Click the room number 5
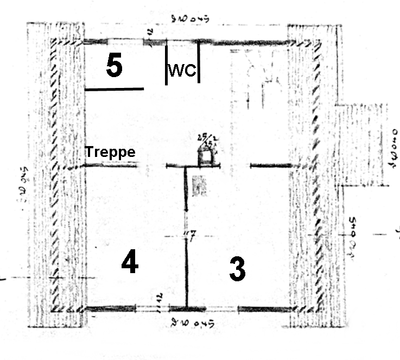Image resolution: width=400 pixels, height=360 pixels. coord(114,67)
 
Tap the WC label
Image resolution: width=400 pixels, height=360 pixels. coord(182,71)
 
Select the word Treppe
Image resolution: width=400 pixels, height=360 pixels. coord(110,153)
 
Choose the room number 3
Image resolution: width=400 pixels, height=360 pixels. coord(237,269)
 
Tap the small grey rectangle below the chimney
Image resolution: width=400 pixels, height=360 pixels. coord(199,186)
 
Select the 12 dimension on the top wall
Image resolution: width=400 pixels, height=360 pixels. coord(148,34)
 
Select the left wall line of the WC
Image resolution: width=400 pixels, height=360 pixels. coord(166,64)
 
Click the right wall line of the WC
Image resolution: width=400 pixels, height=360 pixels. coord(199,62)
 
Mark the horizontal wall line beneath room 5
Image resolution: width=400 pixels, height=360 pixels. coord(115,89)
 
